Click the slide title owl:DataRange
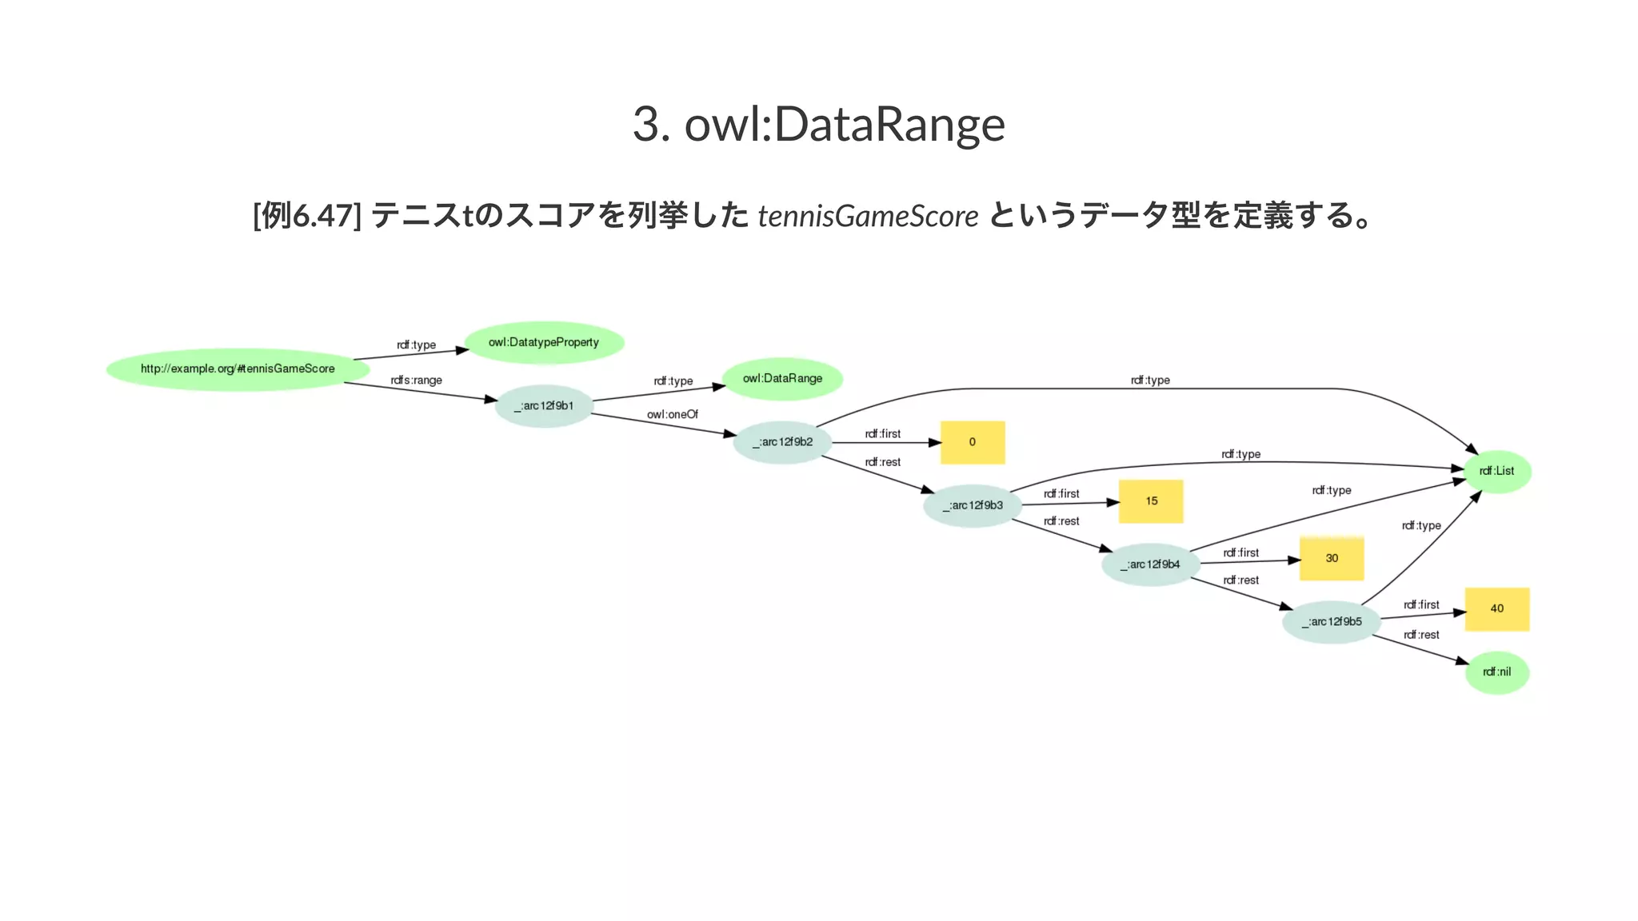coord(818,124)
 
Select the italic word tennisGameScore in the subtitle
coord(868,216)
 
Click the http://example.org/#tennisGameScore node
coord(238,369)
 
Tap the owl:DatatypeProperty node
coord(544,342)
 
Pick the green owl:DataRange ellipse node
coord(782,378)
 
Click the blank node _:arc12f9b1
coord(544,406)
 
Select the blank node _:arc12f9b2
coord(782,442)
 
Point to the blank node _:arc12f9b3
coord(973,505)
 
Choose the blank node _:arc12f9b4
coord(1150,564)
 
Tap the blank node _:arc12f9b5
coord(1332,622)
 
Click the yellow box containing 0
coord(973,442)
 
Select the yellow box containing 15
coord(1151,501)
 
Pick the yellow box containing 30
coord(1332,559)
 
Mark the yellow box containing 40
coord(1497,609)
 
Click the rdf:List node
coord(1497,471)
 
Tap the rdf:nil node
coord(1497,672)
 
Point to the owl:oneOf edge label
coord(673,415)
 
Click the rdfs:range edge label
coord(416,381)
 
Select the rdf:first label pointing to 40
coord(1421,605)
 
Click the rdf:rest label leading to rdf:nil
coord(1421,635)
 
